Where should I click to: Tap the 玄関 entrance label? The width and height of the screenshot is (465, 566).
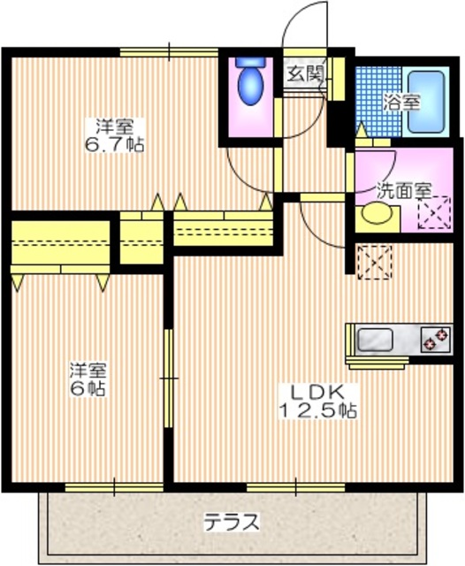[x=303, y=73]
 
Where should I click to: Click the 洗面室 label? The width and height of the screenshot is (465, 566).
[x=402, y=188]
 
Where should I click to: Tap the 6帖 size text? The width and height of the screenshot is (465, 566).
[x=88, y=388]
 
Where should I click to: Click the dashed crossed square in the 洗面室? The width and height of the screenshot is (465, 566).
[x=434, y=214]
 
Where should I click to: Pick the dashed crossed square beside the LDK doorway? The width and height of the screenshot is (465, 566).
[x=372, y=261]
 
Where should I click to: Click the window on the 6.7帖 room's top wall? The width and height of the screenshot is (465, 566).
[x=169, y=52]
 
